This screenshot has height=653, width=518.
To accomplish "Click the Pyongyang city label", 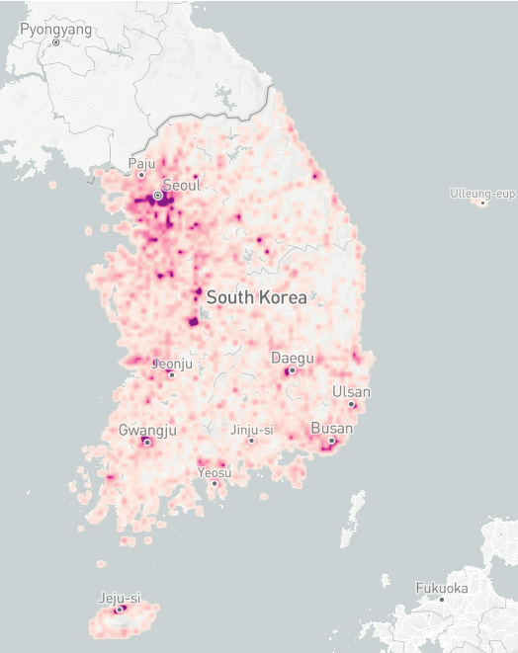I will [x=55, y=30].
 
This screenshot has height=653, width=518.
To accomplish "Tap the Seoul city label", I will [x=181, y=185].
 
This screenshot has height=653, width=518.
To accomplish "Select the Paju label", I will [x=142, y=164].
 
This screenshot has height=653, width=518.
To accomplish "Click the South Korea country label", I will [x=256, y=296].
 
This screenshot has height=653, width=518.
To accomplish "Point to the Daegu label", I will [x=293, y=358].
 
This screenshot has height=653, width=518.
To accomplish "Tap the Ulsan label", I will [x=351, y=392].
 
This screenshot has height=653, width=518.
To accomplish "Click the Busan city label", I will [x=331, y=429].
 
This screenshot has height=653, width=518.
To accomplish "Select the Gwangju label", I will [x=147, y=430].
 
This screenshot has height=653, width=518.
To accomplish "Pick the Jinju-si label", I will [x=251, y=430].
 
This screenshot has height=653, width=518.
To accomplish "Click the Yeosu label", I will [x=215, y=472].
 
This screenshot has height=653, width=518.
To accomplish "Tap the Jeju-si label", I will [x=120, y=598].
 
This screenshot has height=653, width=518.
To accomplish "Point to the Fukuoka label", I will [x=441, y=588].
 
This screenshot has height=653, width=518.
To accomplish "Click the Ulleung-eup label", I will [x=481, y=193].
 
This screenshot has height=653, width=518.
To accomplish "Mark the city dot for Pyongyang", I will [x=56, y=42].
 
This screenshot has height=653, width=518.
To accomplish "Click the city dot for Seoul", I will [x=157, y=196].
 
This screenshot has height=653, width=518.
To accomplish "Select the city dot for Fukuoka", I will [x=442, y=600].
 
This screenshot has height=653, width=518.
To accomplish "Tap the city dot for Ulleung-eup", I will [x=482, y=204].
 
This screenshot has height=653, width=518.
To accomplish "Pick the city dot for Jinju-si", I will [x=251, y=441].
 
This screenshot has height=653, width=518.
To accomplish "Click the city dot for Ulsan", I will [x=351, y=404].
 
